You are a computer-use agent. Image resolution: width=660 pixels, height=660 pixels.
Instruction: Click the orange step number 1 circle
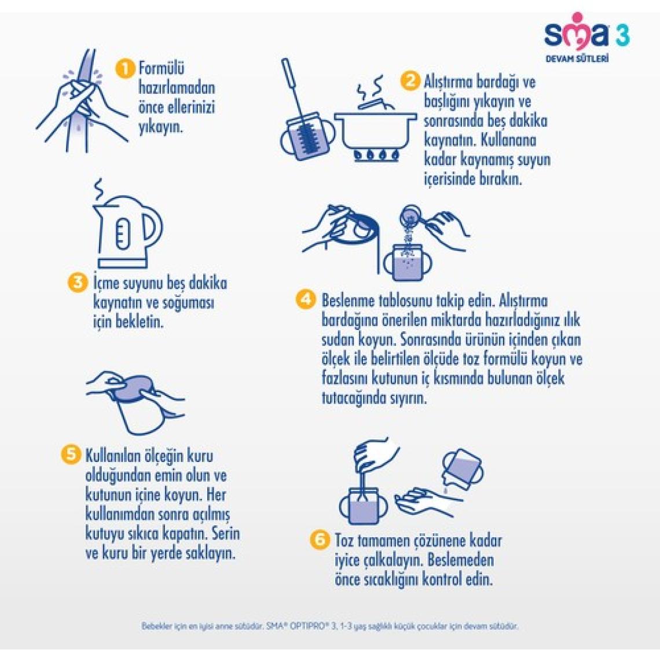tap(124, 69)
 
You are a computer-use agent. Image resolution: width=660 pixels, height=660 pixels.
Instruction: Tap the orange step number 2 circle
tap(410, 81)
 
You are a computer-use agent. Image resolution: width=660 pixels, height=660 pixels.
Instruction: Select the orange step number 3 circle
tap(78, 281)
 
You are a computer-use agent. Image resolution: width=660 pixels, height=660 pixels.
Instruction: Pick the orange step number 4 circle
tap(306, 299)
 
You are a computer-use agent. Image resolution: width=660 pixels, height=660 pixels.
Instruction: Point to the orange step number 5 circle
tap(70, 454)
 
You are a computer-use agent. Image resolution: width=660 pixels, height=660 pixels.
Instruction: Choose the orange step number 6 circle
tap(320, 539)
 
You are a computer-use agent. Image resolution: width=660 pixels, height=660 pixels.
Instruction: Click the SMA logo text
tap(577, 32)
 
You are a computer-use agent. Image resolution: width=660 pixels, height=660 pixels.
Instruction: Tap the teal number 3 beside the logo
tap(622, 35)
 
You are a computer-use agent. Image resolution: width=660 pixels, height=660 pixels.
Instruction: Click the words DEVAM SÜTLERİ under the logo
tap(577, 58)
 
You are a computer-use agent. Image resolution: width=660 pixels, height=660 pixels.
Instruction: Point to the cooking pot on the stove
tap(376, 126)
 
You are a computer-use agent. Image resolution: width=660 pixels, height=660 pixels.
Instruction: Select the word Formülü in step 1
tap(162, 69)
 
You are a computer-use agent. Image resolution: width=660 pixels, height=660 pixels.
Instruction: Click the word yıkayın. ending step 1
tap(161, 127)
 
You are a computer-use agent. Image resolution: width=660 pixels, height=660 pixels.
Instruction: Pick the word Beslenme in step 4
tap(348, 300)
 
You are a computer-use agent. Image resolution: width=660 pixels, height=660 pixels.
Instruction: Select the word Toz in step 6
tap(344, 541)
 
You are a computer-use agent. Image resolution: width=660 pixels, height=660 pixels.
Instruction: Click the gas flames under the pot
tap(376, 155)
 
